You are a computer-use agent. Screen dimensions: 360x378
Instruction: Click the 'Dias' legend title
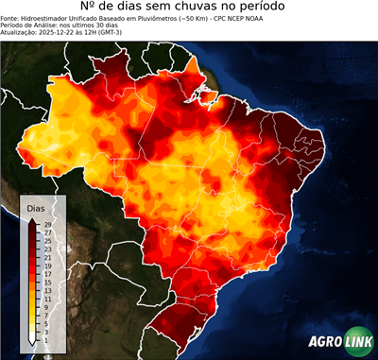[x=36, y=207]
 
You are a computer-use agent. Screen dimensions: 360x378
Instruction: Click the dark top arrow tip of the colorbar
[x=32, y=220]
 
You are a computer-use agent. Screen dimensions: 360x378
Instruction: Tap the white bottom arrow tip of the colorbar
[x=32, y=339]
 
